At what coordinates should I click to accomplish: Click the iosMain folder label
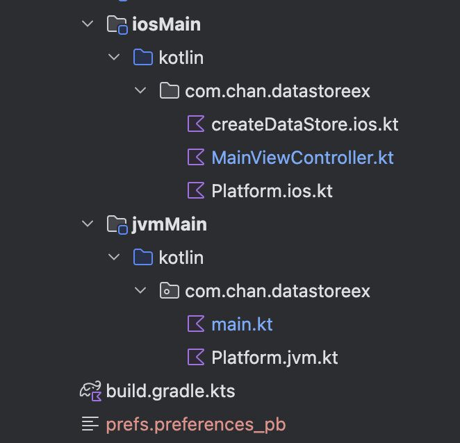point(166,24)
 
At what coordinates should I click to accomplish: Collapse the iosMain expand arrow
point(88,24)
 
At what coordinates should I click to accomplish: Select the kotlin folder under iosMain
point(181,58)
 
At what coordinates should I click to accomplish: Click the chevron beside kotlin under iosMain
point(115,58)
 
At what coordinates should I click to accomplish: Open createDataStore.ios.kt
point(304,124)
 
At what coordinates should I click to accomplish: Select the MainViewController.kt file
point(302,158)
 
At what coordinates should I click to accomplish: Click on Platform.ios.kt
point(272,190)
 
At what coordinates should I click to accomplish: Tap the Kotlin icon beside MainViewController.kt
point(197,158)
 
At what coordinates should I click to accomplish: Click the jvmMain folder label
point(169,224)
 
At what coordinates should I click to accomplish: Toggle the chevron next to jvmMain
point(88,224)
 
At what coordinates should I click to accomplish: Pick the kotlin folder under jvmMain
point(181,258)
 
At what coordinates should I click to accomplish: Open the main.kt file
point(242,324)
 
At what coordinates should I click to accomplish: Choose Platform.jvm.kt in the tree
point(274,358)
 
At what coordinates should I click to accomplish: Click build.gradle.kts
point(170,391)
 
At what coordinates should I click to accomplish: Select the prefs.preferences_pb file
point(195,424)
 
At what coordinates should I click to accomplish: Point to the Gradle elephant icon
point(90,391)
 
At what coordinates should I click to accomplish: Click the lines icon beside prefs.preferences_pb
point(90,424)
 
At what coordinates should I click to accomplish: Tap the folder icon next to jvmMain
point(117,224)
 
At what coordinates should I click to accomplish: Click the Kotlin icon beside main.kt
point(197,324)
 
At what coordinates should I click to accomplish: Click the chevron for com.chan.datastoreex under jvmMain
point(141,291)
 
